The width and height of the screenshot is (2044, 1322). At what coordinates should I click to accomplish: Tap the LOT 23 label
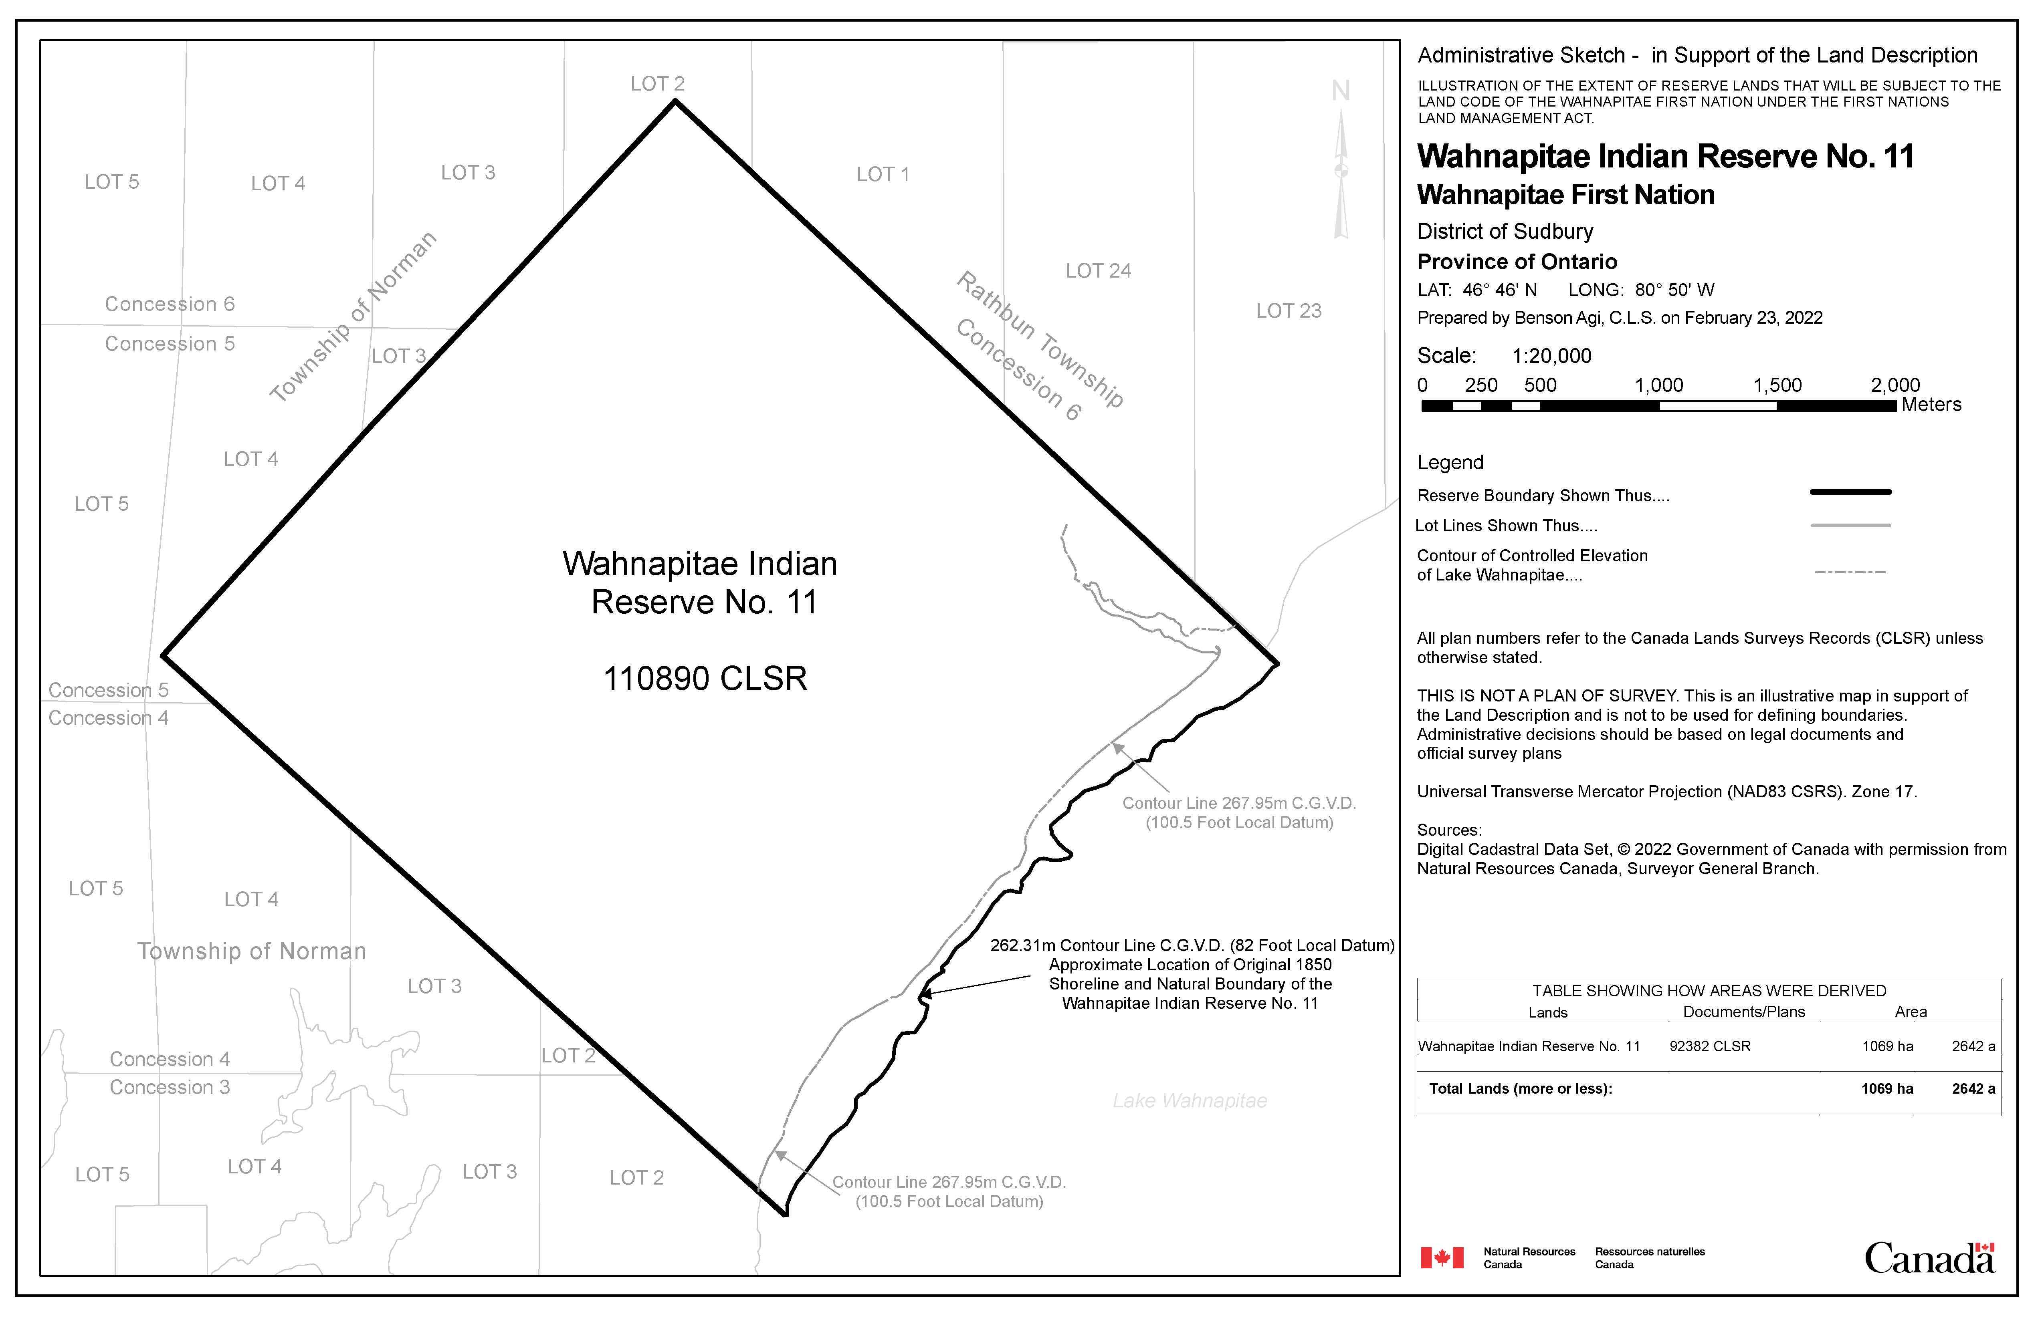[x=1288, y=311]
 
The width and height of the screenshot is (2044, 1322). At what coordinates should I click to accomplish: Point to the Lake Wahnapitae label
[x=1190, y=1100]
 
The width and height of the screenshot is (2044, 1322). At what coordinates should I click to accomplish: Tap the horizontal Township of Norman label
[x=252, y=951]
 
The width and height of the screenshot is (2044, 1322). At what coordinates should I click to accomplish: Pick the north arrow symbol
[x=1341, y=163]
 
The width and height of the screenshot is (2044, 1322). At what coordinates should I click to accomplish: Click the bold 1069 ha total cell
[x=1887, y=1088]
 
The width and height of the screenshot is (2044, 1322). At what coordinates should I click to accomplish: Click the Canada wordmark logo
[x=1929, y=1258]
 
